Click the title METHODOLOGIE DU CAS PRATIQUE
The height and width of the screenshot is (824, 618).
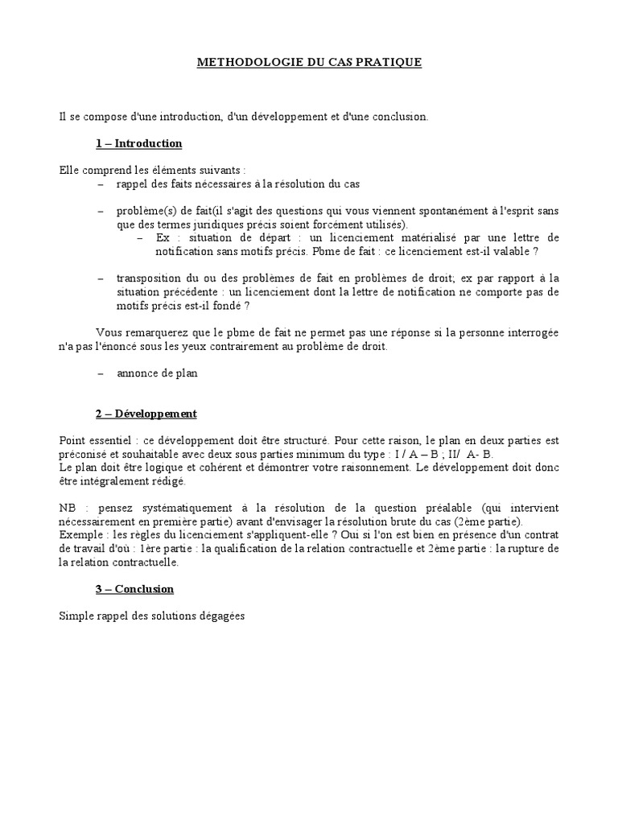tap(309, 62)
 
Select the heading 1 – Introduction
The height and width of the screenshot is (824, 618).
tap(139, 143)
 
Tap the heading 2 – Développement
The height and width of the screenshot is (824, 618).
tap(146, 414)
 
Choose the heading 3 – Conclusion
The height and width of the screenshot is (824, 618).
tap(134, 589)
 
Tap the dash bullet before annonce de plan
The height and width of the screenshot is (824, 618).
tap(101, 373)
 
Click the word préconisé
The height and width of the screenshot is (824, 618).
tap(84, 455)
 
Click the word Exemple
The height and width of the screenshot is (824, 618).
tap(80, 535)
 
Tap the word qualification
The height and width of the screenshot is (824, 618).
tap(246, 549)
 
